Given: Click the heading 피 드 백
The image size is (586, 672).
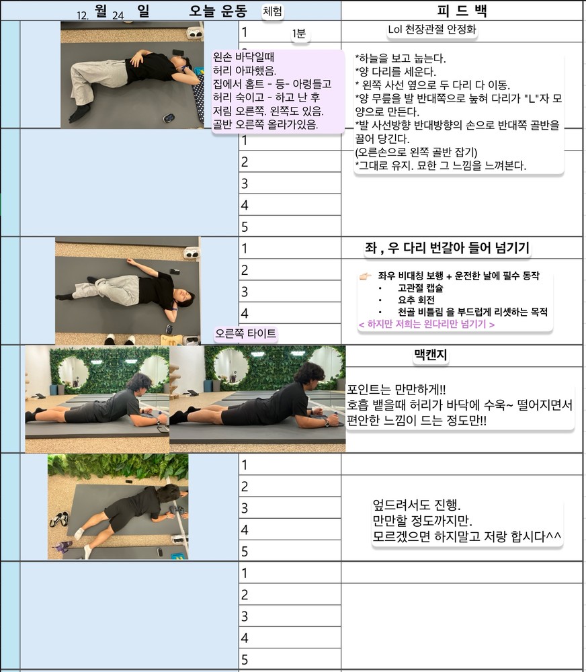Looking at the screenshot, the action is (462, 10).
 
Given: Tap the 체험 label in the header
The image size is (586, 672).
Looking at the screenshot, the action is (273, 11).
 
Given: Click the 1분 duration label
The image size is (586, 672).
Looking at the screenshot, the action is (299, 34).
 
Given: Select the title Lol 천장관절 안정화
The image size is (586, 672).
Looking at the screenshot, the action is (431, 30).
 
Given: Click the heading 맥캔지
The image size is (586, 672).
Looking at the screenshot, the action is (430, 355).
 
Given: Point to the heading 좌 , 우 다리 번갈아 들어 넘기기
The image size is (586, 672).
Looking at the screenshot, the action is (447, 248).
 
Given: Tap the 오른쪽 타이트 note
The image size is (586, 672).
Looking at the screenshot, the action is (246, 333).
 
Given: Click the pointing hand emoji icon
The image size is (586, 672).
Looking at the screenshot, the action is (365, 276).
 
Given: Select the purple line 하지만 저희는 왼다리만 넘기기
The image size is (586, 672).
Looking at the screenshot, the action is (427, 324).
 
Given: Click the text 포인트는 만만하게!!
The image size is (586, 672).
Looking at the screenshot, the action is (396, 390).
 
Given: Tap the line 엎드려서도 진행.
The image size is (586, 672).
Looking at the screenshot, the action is (417, 505).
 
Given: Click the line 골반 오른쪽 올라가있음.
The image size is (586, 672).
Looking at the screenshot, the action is (265, 124).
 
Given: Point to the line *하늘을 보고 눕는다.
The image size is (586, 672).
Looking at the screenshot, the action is (401, 58).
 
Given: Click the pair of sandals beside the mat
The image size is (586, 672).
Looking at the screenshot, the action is (59, 519).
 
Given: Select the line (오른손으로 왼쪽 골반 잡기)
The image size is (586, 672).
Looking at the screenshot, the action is (416, 152).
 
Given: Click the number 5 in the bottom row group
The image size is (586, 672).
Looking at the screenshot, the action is (245, 659).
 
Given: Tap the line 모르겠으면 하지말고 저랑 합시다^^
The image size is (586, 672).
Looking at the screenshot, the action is (467, 536).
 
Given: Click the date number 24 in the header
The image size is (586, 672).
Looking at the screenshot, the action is (118, 15).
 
